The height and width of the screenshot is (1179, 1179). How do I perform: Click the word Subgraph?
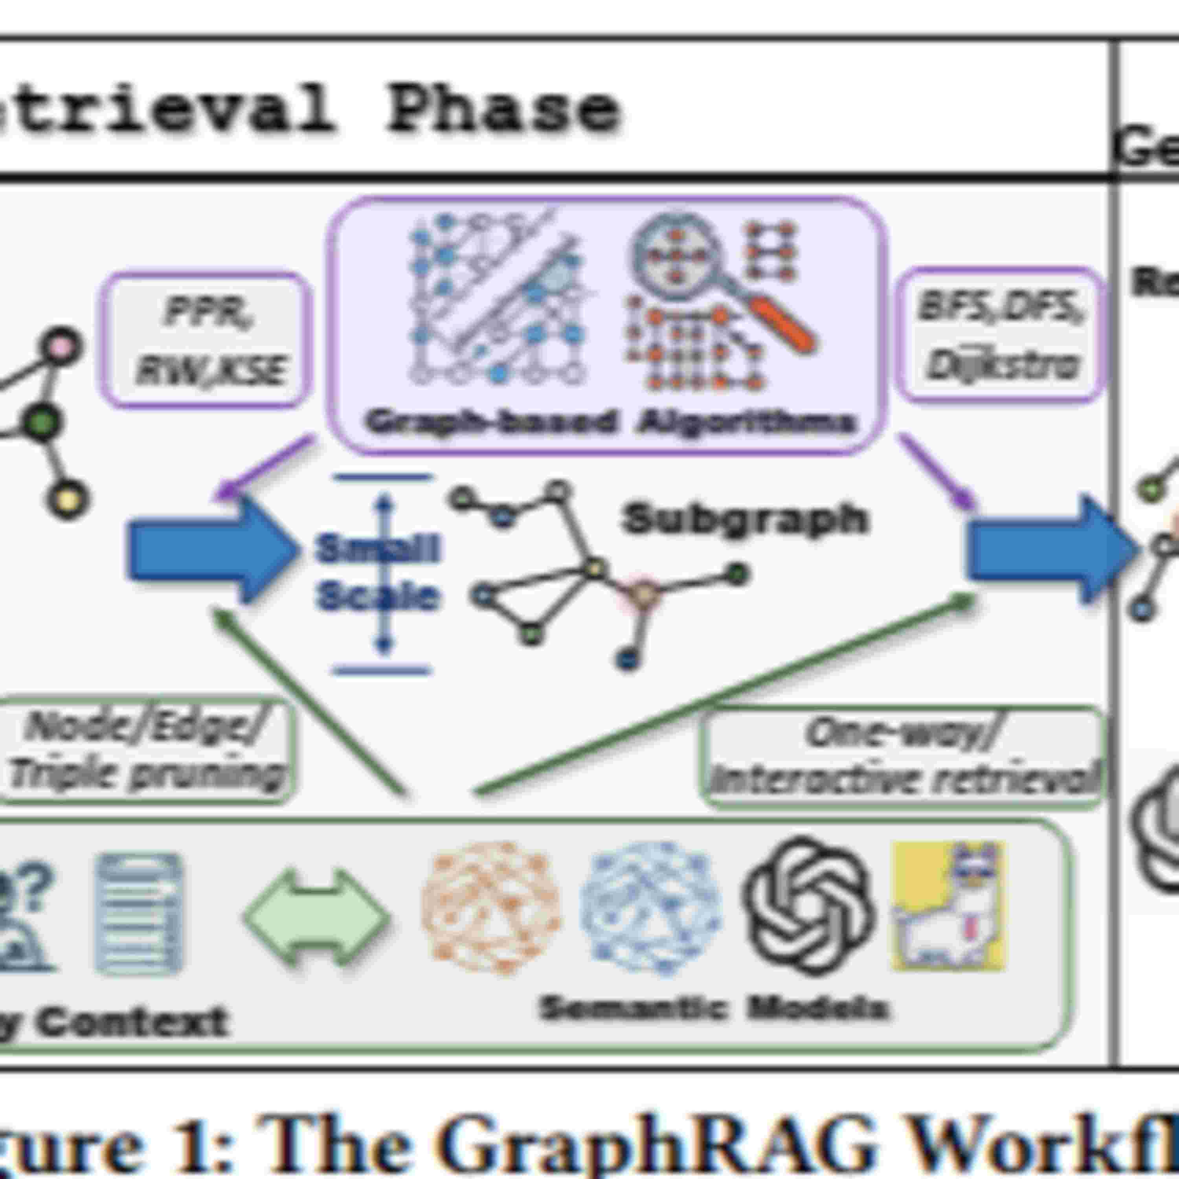point(744,519)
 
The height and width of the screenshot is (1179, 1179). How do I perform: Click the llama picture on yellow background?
point(949,907)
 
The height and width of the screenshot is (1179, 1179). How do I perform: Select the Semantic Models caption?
point(714,1008)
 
